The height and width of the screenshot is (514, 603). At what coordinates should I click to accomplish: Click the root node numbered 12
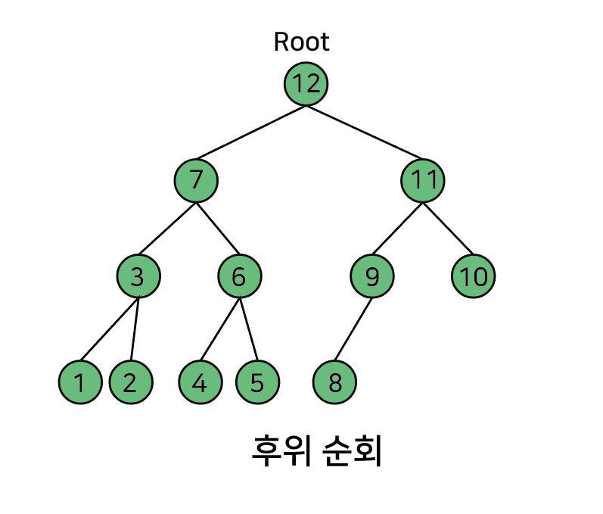click(x=306, y=83)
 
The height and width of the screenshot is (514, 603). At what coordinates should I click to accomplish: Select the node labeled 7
click(x=196, y=180)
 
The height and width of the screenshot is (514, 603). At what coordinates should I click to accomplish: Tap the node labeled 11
click(x=423, y=180)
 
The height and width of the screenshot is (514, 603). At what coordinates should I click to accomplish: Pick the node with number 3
click(x=138, y=276)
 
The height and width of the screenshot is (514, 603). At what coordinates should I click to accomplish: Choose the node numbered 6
click(x=240, y=276)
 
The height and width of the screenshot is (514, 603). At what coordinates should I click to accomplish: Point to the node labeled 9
click(x=372, y=276)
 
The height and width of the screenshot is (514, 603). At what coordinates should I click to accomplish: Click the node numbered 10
click(x=473, y=276)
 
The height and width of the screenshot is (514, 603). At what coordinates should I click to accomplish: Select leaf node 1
click(x=80, y=382)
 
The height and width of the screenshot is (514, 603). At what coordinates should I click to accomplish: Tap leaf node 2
click(x=131, y=382)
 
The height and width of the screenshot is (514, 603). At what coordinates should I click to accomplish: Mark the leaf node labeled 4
click(x=200, y=382)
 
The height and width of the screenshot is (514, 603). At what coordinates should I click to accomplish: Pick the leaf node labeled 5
click(x=257, y=382)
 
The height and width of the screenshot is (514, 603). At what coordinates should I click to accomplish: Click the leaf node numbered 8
click(x=334, y=382)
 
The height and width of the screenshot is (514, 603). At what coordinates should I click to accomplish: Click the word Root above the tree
click(x=301, y=42)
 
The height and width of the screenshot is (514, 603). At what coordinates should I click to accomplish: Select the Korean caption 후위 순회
click(x=316, y=450)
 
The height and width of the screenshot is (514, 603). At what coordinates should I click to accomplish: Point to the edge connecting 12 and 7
click(x=250, y=132)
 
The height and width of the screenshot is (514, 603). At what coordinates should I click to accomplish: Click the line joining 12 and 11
click(x=365, y=132)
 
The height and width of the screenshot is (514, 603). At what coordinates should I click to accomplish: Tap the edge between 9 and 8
click(x=353, y=329)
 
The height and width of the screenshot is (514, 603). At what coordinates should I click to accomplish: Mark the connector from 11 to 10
click(x=448, y=229)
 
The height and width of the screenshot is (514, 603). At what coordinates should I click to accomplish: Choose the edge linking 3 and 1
click(x=110, y=329)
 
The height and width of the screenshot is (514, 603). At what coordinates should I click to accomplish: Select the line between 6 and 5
click(x=249, y=329)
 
